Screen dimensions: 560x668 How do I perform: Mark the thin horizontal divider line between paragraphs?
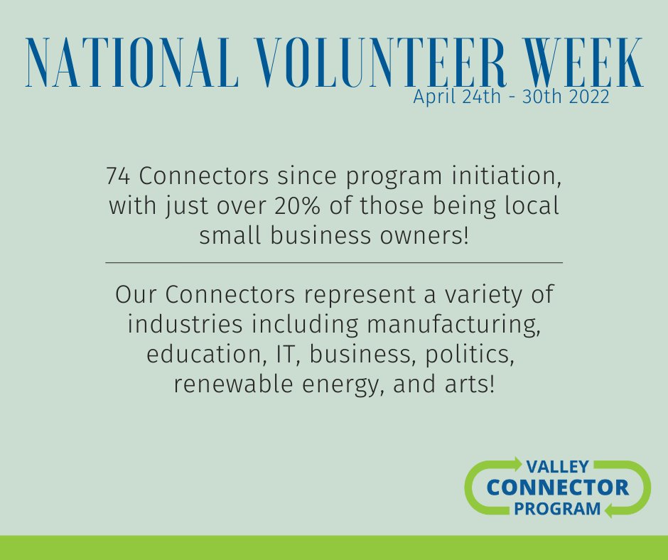point(334,263)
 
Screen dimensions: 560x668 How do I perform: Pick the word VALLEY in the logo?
point(557,467)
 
